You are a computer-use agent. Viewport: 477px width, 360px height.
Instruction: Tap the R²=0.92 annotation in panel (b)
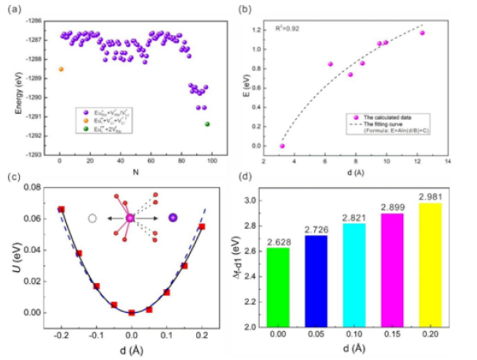[x=285, y=26]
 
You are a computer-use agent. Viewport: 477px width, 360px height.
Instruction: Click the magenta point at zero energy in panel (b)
[x=282, y=146]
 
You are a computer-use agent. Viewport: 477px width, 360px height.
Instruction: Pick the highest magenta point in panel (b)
[x=422, y=33]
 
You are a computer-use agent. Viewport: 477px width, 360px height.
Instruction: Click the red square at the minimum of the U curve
[x=132, y=312]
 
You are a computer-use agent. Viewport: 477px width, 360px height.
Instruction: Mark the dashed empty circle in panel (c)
[x=92, y=218]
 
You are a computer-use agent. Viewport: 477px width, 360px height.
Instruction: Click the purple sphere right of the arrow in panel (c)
[x=173, y=218]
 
